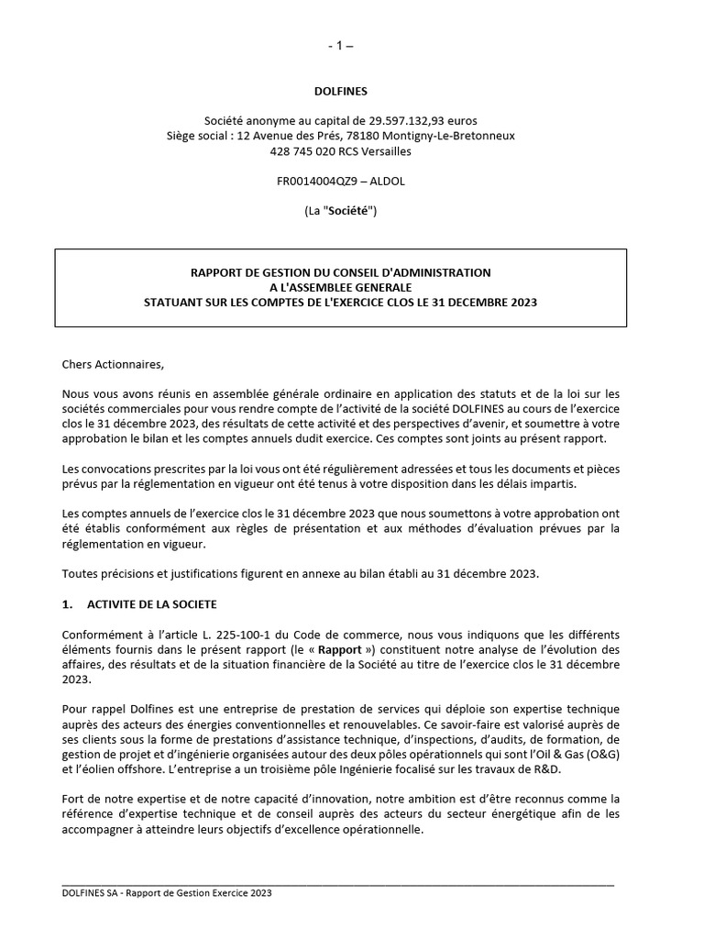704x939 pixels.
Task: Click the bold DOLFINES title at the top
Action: point(340,91)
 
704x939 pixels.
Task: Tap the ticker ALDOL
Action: point(386,182)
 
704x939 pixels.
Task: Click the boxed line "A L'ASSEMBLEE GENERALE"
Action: point(340,287)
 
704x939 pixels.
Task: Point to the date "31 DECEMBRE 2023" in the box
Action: point(483,302)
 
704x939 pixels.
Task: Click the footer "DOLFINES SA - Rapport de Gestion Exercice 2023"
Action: point(167,892)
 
